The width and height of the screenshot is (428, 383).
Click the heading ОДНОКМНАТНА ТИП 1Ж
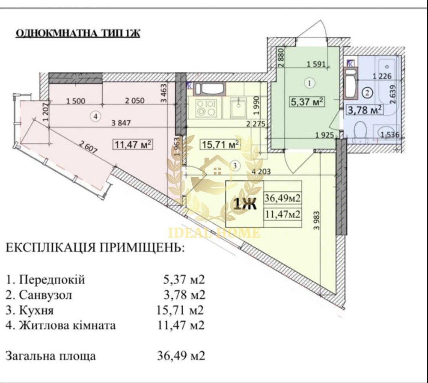(x=77, y=34)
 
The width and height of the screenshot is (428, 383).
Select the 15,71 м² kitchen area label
(x=220, y=144)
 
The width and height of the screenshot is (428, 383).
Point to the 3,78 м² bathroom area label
(x=364, y=110)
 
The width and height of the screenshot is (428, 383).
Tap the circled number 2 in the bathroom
(x=367, y=91)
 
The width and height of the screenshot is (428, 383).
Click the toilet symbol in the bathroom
(x=362, y=132)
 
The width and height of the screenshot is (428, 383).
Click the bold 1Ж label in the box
(x=244, y=205)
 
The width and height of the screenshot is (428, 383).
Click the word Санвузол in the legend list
(x=45, y=295)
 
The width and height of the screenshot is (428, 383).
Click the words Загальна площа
(x=51, y=356)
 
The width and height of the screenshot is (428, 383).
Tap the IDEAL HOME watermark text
(x=214, y=233)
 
